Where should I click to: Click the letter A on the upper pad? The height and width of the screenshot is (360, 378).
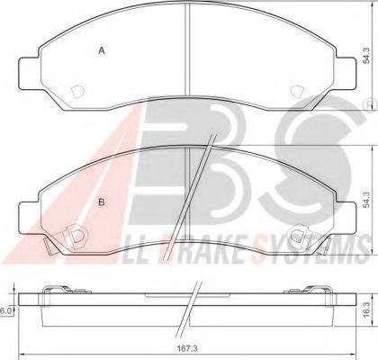(102, 51)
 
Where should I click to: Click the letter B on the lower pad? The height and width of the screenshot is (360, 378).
(102, 202)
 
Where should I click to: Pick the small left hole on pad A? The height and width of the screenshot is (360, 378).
(76, 90)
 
